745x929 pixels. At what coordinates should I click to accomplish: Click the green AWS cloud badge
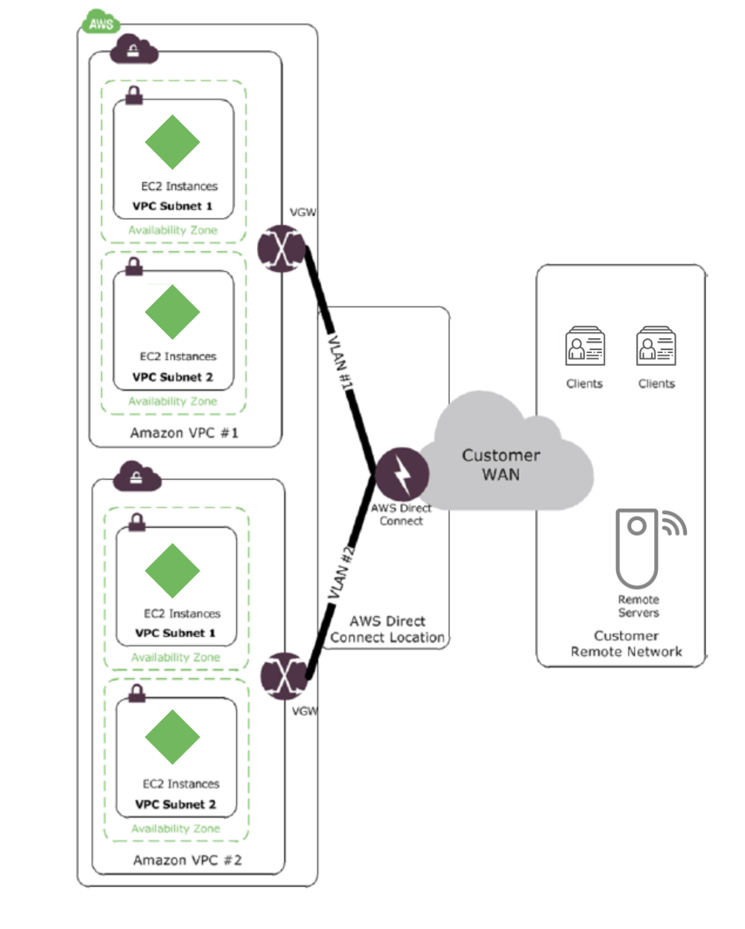pos(101,22)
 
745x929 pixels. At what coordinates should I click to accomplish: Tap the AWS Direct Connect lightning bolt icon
pos(402,474)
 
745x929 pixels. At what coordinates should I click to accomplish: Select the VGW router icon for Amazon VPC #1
pos(282,248)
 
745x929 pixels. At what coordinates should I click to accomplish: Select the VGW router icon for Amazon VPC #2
pos(285,676)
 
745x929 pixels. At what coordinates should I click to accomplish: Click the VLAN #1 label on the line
pos(341,363)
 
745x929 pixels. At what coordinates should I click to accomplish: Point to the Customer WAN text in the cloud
pos(501,465)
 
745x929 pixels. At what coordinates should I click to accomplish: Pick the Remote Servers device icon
pos(637,548)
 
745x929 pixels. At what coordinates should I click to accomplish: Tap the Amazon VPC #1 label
pos(184,433)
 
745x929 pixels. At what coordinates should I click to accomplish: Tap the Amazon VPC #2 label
pos(187,860)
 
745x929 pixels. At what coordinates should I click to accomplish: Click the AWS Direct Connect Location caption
pos(387,630)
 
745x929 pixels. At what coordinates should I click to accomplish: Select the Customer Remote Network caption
pos(626,644)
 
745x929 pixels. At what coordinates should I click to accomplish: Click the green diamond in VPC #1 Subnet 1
pos(172,142)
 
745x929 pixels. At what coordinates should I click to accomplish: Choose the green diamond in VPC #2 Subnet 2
pos(172,737)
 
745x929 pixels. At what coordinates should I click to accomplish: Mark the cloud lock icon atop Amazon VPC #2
pos(136,478)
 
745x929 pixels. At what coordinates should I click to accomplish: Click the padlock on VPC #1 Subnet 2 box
pos(134,266)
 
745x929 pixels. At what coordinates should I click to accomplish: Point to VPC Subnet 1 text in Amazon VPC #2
pos(175,633)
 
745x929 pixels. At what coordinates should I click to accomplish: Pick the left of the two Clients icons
pos(585,347)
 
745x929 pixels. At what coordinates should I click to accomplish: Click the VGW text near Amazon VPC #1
pos(302,212)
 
